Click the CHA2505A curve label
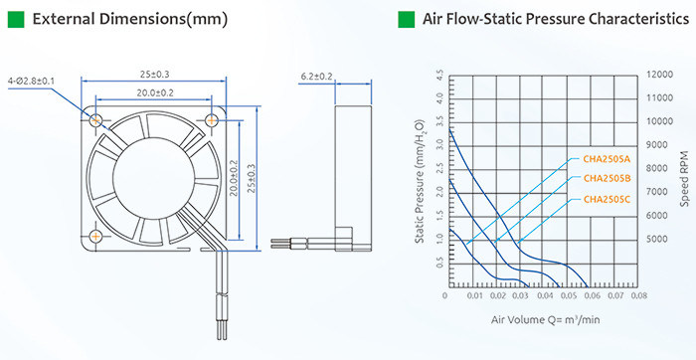[607, 158]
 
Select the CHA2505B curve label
[607, 179]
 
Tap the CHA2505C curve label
[607, 200]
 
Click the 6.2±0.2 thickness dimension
[316, 77]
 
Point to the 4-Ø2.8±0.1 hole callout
[31, 82]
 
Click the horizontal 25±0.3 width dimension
[154, 75]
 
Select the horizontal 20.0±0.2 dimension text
[154, 92]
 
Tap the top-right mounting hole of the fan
[212, 120]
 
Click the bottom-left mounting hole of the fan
[95, 236]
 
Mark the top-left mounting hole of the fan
[95, 120]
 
